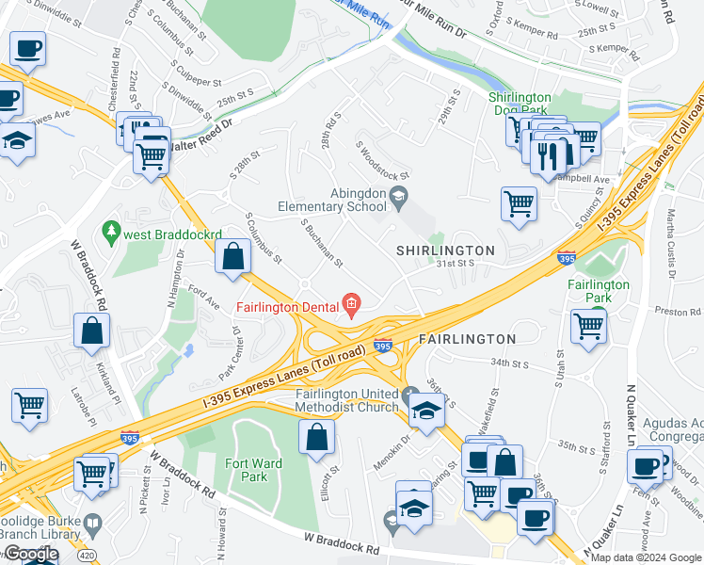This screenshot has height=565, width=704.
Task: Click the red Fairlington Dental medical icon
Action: point(351,302)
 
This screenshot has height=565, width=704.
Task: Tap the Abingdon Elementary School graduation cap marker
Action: point(398,196)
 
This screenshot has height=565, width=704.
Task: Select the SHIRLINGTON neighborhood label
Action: point(445,250)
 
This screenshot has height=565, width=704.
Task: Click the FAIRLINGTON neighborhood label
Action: point(467,338)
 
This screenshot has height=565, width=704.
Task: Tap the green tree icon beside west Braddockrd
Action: point(111,230)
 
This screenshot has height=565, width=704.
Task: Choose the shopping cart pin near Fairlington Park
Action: point(588,327)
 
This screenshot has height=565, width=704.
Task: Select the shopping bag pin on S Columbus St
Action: point(232,256)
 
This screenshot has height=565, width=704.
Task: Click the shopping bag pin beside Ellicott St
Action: point(317,436)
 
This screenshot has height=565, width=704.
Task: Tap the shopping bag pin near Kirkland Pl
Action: point(92,331)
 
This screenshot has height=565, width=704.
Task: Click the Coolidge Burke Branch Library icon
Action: point(92,523)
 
